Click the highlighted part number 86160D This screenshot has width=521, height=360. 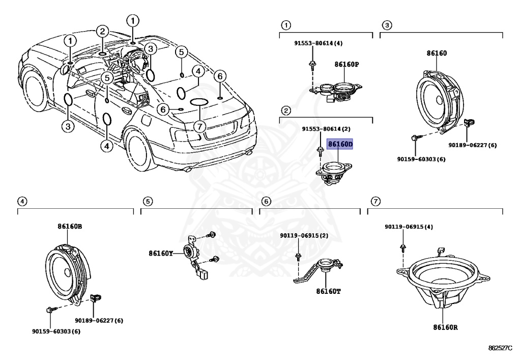[340, 145]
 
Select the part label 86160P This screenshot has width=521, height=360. [346, 65]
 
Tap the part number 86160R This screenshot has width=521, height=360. [445, 327]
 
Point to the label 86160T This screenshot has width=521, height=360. [328, 291]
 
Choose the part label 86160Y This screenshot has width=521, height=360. [161, 253]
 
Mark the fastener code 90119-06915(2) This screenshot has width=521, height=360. [304, 235]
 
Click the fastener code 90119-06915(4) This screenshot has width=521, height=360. [409, 227]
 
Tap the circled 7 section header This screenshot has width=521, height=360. [375, 202]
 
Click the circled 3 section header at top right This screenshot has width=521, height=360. [387, 25]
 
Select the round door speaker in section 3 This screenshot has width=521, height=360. [439, 101]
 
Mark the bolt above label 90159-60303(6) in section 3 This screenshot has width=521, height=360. [415, 137]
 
